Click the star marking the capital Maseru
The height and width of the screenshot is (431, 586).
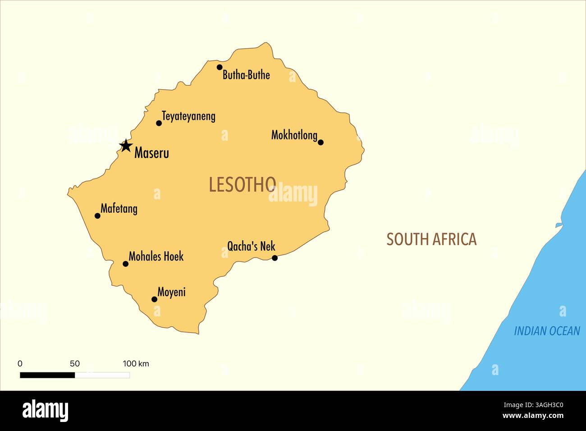pyautogui.click(x=126, y=146)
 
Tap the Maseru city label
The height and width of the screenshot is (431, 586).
pyautogui.click(x=151, y=153)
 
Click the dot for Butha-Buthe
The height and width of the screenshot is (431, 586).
pyautogui.click(x=220, y=67)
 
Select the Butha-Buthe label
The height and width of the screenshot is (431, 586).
pyautogui.click(x=246, y=75)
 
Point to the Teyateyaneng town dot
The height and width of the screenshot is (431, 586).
pyautogui.click(x=159, y=123)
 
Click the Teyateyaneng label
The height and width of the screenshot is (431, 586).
pyautogui.click(x=188, y=116)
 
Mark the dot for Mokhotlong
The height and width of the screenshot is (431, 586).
pyautogui.click(x=320, y=142)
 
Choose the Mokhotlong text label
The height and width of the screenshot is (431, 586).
pyautogui.click(x=294, y=135)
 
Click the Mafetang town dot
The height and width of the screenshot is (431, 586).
pyautogui.click(x=97, y=215)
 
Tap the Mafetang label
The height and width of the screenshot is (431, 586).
pyautogui.click(x=119, y=209)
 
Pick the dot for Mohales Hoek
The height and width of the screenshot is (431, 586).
pyautogui.click(x=126, y=264)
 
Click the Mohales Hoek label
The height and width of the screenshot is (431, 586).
pyautogui.click(x=156, y=257)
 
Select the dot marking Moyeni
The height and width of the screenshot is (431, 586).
pyautogui.click(x=154, y=299)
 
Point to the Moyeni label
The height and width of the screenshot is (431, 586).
pyautogui.click(x=171, y=292)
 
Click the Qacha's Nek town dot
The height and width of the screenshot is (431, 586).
pyautogui.click(x=275, y=258)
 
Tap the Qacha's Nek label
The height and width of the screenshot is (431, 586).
pyautogui.click(x=251, y=246)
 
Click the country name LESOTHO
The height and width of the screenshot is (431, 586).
pyautogui.click(x=243, y=184)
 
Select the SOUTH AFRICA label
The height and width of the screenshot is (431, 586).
pyautogui.click(x=431, y=239)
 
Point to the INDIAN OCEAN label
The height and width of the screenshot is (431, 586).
pyautogui.click(x=547, y=331)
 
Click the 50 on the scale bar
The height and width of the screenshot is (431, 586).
pyautogui.click(x=75, y=364)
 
